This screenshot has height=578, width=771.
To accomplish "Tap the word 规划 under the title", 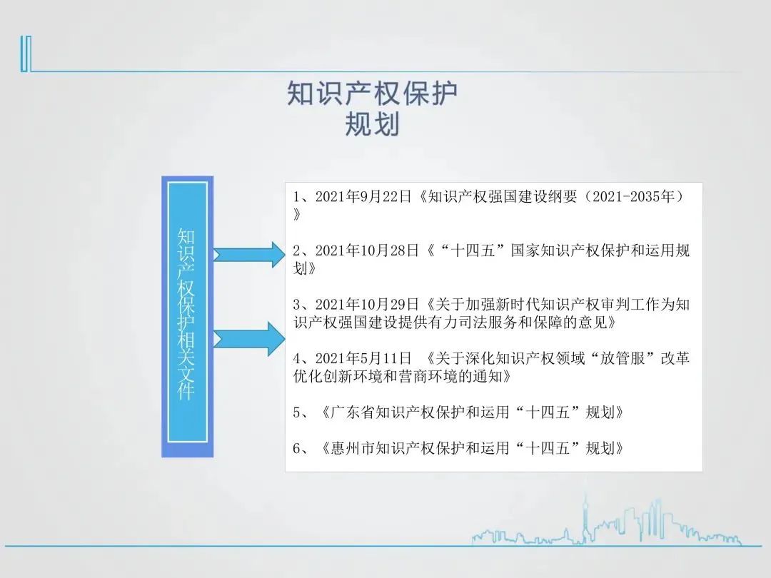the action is coord(372,123).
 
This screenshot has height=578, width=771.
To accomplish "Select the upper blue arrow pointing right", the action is coord(249,255).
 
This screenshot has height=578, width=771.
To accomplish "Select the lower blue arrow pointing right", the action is coord(249,339).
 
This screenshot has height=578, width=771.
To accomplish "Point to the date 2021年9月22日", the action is coord(363,197).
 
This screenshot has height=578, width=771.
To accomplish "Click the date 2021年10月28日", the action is coord(367,250).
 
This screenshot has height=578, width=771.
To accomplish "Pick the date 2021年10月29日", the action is coord(367,305).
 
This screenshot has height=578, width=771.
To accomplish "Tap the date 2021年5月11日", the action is coord(363,358).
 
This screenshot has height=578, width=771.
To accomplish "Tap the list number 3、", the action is coord(303,305).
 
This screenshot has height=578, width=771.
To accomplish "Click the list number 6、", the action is coord(303,447).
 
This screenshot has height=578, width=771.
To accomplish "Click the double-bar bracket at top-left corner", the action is coord(26,54).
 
